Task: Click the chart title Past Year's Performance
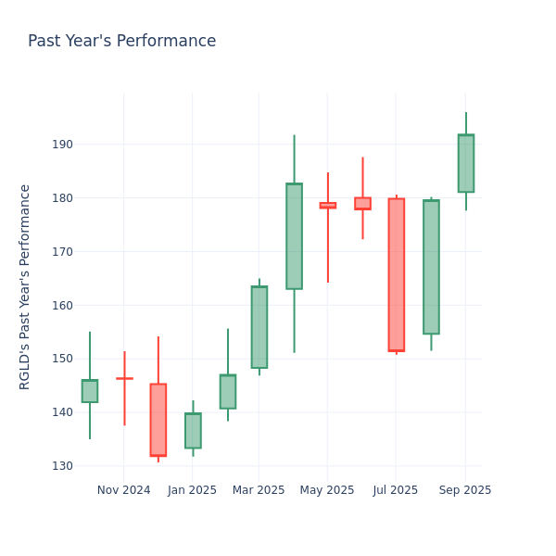click(121, 42)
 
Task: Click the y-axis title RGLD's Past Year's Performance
click(25, 286)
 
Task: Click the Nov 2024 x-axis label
click(123, 490)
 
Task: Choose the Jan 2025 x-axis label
click(192, 490)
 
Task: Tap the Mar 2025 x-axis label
click(259, 490)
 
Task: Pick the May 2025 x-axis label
click(327, 490)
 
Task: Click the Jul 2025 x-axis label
click(396, 490)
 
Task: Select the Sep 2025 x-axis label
click(465, 490)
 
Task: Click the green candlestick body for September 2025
click(465, 163)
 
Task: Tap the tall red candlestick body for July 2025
click(396, 274)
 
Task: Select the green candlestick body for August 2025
click(431, 267)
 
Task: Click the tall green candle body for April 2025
click(294, 236)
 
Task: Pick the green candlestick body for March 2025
click(259, 327)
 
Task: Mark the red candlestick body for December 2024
click(158, 420)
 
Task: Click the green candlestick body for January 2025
click(193, 431)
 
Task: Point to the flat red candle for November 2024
click(124, 378)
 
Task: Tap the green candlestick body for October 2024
click(89, 391)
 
